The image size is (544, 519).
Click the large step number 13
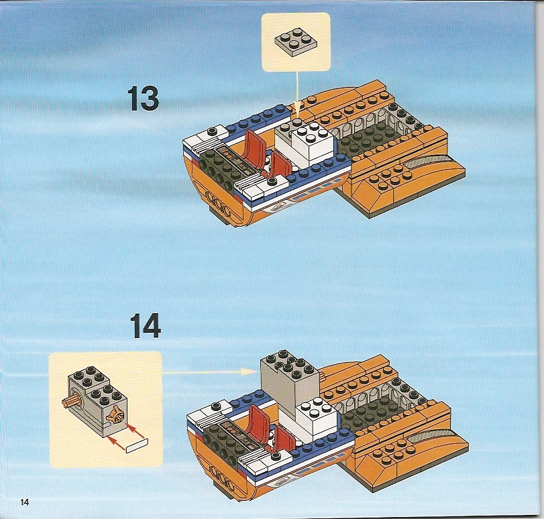point(144,99)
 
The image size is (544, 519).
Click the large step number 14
point(146,325)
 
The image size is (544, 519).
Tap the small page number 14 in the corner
point(25,502)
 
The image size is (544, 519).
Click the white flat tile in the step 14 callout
point(137,445)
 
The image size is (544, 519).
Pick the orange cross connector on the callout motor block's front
point(116,415)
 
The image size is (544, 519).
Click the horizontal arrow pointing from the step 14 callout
point(210,372)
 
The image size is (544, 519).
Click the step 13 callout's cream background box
point(296,42)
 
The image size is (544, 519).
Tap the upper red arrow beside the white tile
point(135,430)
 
